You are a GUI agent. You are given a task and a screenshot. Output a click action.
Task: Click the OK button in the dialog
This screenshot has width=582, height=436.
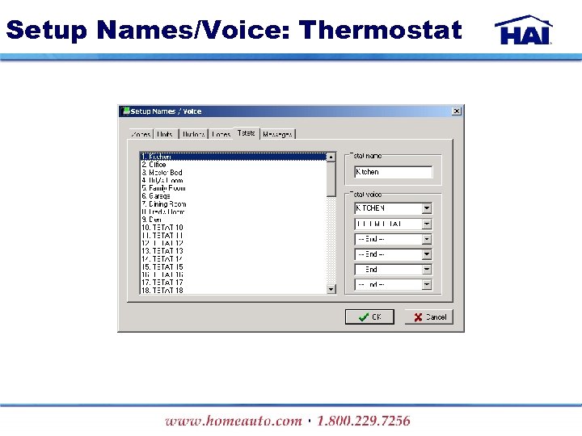(370, 317)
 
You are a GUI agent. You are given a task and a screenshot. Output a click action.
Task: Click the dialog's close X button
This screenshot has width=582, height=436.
(457, 111)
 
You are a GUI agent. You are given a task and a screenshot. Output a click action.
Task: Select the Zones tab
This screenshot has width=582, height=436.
(141, 134)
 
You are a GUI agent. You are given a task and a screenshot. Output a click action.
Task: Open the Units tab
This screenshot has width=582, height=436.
(165, 134)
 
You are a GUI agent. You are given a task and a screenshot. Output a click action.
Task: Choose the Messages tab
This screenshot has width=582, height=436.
(277, 134)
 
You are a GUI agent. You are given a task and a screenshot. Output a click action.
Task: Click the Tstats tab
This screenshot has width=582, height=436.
(247, 133)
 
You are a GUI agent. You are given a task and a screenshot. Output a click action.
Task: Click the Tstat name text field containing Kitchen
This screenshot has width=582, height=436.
(394, 172)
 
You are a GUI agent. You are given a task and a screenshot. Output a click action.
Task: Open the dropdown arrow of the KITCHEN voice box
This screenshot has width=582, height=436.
(427, 208)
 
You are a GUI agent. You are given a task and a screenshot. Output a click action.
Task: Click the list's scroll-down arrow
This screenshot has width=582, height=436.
(331, 289)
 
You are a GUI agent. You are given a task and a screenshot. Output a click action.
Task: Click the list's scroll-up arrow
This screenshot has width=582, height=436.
(331, 157)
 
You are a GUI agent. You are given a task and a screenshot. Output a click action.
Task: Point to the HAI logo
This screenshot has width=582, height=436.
(524, 31)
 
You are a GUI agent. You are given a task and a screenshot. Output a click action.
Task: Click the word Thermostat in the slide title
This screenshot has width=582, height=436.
(380, 31)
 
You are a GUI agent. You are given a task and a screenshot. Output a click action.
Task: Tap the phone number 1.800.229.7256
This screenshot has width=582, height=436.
(364, 421)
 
